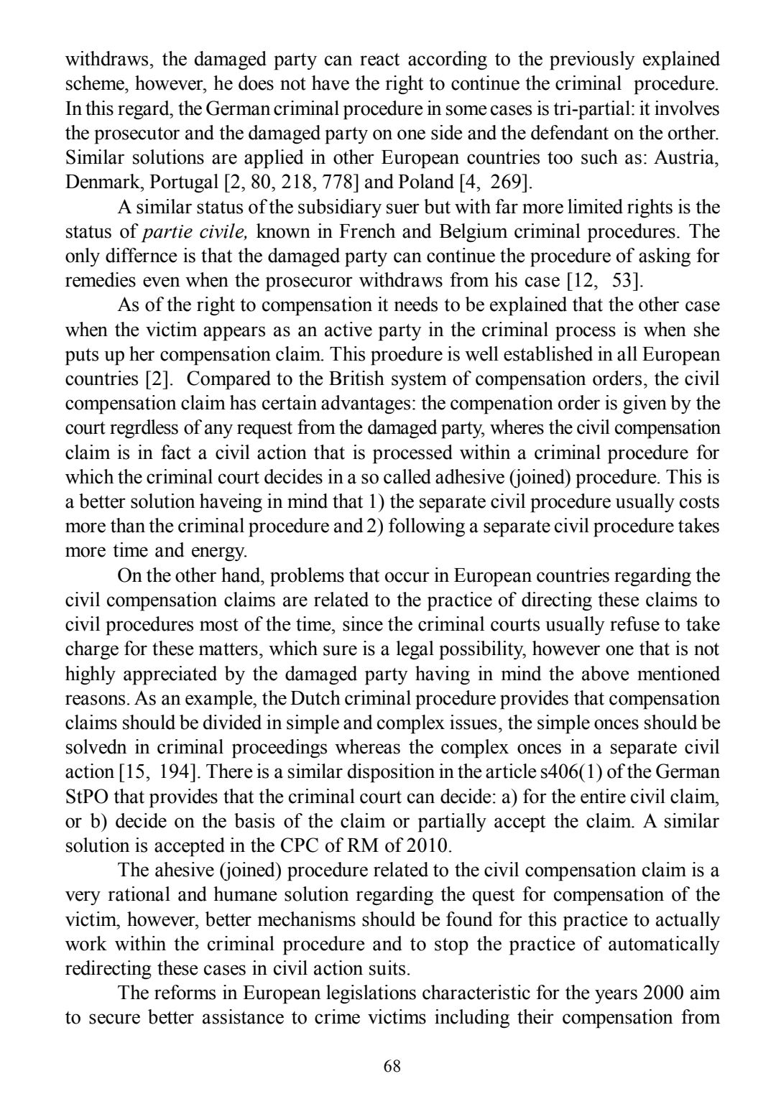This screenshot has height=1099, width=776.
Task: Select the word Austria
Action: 690,158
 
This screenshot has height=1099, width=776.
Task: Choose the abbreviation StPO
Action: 88,797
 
